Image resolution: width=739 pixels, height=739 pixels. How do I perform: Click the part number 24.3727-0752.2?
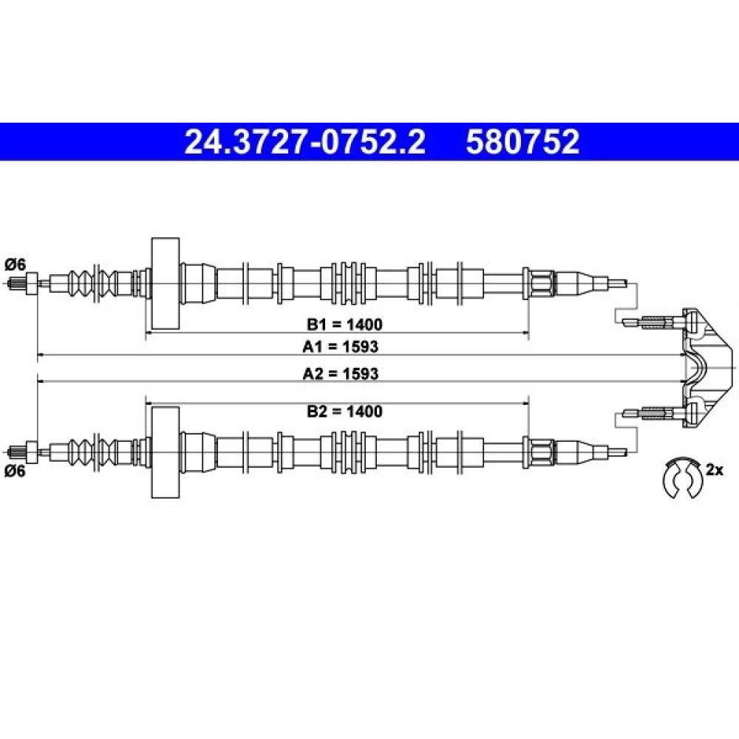[304, 142]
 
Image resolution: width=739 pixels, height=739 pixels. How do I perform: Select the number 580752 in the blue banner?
[522, 142]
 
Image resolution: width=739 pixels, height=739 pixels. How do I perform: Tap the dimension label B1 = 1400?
[344, 324]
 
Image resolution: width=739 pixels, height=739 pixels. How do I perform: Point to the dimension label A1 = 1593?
[340, 347]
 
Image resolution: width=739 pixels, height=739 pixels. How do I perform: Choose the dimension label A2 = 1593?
[340, 374]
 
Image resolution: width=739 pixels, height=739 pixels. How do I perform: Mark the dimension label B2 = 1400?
[344, 412]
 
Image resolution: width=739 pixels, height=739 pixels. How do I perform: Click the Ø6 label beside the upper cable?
[15, 265]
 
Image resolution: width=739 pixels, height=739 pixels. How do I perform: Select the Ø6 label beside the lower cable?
[15, 471]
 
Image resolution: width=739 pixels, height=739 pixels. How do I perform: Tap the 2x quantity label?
[714, 470]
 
